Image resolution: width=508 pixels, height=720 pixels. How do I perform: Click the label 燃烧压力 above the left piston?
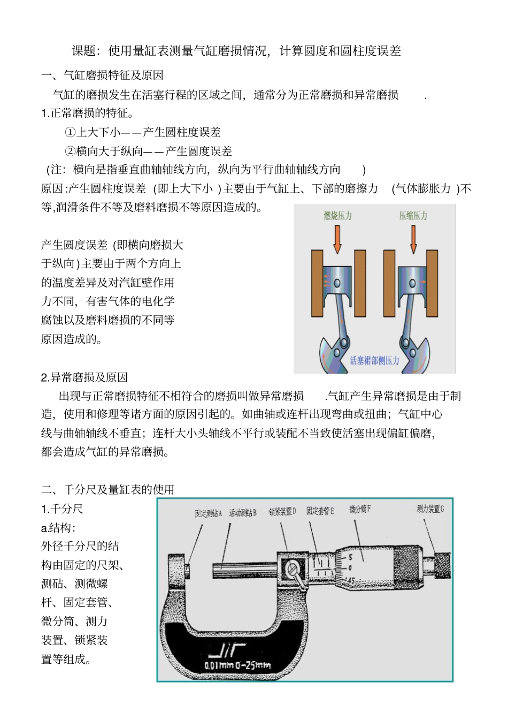click(x=337, y=216)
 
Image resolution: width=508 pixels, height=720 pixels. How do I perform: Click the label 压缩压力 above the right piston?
click(x=413, y=216)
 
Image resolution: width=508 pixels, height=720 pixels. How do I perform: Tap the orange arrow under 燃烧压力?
click(x=337, y=239)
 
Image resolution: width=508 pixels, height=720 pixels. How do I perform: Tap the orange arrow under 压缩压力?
click(x=413, y=239)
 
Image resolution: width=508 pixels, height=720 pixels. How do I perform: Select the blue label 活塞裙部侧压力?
click(x=374, y=360)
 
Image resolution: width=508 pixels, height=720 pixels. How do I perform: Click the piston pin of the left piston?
click(x=337, y=283)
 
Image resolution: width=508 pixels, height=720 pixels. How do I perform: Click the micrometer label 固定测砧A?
click(x=208, y=513)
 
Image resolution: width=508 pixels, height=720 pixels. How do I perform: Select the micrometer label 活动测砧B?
click(x=243, y=513)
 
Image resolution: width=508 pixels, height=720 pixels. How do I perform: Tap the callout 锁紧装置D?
click(x=282, y=512)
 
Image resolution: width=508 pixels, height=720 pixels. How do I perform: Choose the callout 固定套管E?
click(x=320, y=511)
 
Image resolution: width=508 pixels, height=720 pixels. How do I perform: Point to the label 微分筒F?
click(x=360, y=509)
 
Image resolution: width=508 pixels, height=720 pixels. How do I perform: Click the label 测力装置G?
click(x=430, y=509)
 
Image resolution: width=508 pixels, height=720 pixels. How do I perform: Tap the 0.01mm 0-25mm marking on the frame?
click(x=237, y=665)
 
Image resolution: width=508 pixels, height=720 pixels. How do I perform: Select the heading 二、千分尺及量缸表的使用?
click(x=107, y=489)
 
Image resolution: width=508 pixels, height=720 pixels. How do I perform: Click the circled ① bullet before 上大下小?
click(x=70, y=132)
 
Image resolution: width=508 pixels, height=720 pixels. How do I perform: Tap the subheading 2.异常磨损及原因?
click(x=84, y=377)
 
